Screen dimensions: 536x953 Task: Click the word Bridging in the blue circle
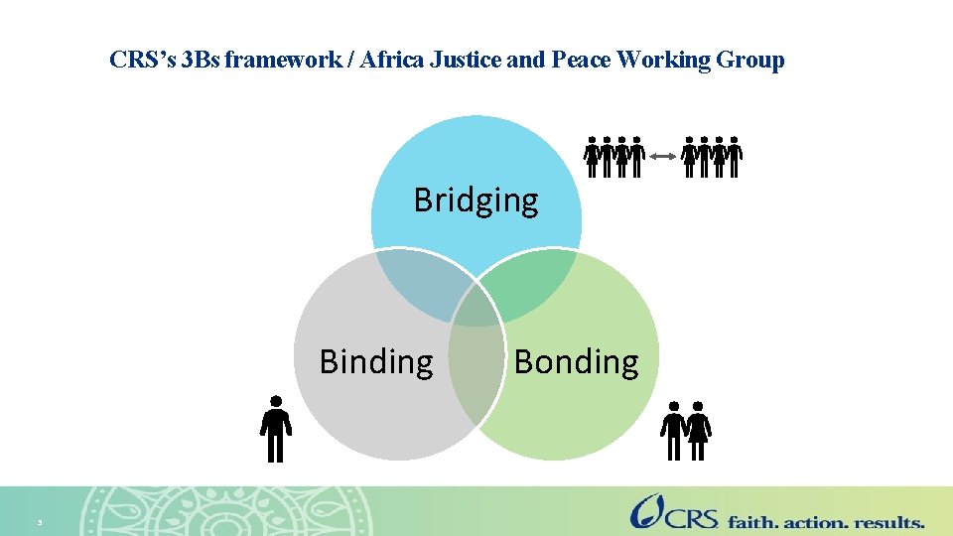476,201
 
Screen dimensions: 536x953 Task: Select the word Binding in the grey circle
376,362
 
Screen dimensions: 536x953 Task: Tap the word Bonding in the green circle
576,362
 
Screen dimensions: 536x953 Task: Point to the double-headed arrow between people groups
663,156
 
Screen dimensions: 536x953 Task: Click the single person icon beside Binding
276,429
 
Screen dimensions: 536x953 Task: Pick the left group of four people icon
613,156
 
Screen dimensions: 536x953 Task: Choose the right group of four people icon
713,156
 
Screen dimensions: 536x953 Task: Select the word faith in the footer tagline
753,521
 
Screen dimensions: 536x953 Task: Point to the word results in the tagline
888,521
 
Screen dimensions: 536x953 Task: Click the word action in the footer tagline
816,521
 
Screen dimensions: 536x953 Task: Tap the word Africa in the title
396,61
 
